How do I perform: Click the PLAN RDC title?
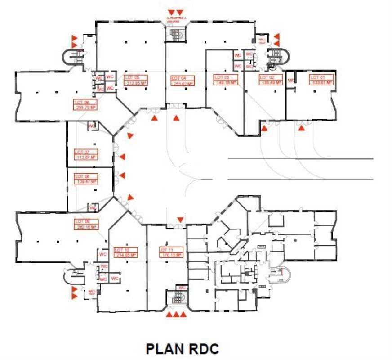point(182,349)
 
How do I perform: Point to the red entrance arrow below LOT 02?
point(265,129)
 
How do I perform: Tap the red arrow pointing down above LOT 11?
point(180,220)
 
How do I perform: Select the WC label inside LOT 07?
point(93,126)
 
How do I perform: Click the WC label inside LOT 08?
point(93,207)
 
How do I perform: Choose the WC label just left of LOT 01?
point(291,81)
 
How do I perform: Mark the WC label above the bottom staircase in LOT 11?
point(183,288)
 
